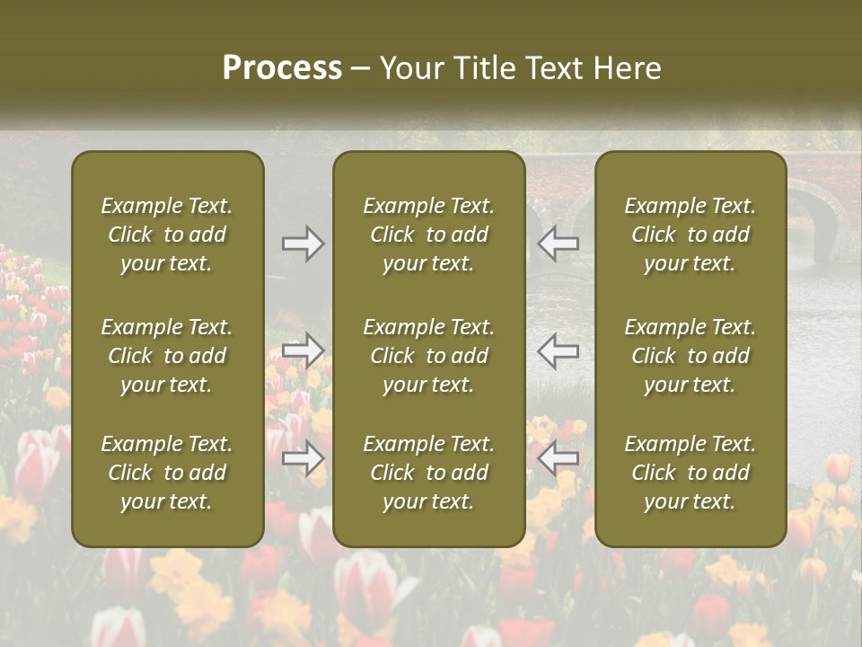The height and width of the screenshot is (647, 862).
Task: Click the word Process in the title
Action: (x=282, y=68)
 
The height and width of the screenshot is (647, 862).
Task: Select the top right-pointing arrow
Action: (x=303, y=244)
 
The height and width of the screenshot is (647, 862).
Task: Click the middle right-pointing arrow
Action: (x=303, y=350)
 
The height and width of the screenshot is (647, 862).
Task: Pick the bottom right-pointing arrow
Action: (x=303, y=459)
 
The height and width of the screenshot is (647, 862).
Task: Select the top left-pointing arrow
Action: (x=559, y=243)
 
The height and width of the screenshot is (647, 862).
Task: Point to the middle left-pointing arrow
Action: (x=559, y=350)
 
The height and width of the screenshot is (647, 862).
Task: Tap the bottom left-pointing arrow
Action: (x=559, y=458)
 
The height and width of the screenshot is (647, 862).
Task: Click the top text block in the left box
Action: (x=167, y=235)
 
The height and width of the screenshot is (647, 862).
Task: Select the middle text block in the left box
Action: (x=167, y=356)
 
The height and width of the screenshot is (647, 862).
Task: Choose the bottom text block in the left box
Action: (x=167, y=473)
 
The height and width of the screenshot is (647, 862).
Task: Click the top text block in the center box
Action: (x=428, y=235)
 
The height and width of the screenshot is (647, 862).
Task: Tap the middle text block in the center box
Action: (x=428, y=356)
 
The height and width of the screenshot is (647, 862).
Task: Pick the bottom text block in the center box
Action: (x=428, y=473)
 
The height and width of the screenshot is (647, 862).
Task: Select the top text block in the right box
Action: (x=690, y=235)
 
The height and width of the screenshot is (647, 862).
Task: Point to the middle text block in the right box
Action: (x=690, y=356)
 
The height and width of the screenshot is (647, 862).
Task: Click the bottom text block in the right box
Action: (x=690, y=473)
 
